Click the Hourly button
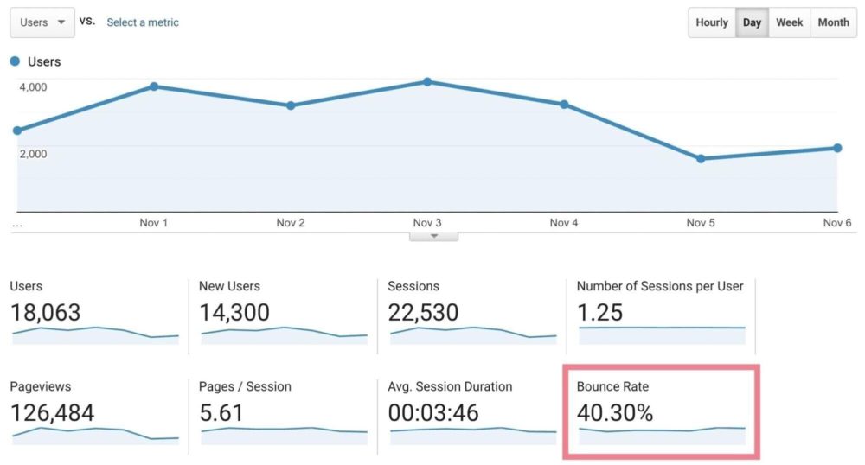tap(712, 22)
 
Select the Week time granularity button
tap(789, 22)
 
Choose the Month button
tap(833, 22)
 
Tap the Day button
tap(752, 22)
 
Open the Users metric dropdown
tap(42, 22)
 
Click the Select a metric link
tap(143, 22)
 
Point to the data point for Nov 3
tap(427, 82)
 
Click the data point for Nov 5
tap(701, 159)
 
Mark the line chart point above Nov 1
tap(154, 86)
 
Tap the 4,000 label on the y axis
tap(33, 86)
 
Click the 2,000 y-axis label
tap(33, 154)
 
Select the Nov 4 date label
tap(564, 223)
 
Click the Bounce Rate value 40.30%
tap(615, 414)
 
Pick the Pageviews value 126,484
tap(52, 414)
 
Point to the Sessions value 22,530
tap(423, 313)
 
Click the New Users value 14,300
tap(234, 313)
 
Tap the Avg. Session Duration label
tap(450, 386)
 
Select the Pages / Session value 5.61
tap(221, 414)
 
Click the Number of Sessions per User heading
tap(660, 286)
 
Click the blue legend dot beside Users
tap(15, 61)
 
